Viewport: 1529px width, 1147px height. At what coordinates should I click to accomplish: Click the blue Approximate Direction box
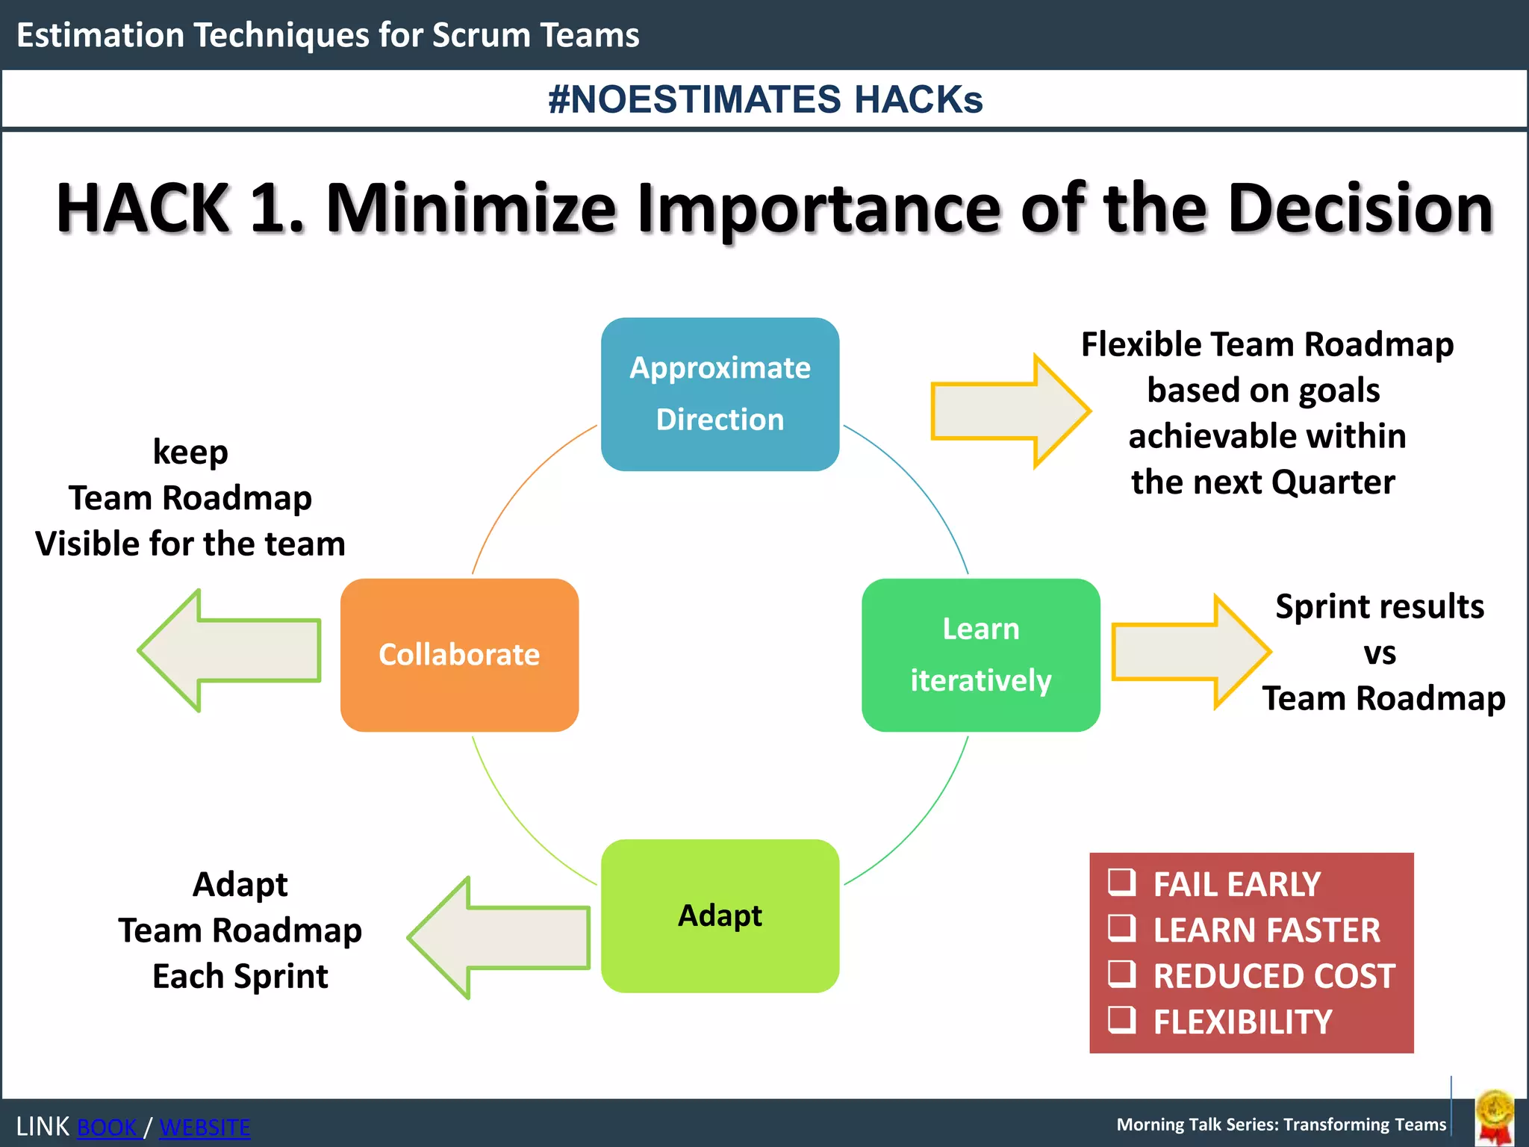click(720, 394)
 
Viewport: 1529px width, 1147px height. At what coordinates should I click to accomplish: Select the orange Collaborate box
click(459, 655)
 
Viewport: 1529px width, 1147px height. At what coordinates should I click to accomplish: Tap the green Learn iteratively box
click(980, 655)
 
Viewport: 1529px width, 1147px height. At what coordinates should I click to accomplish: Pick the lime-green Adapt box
click(720, 916)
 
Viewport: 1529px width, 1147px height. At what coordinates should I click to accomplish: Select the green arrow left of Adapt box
click(499, 938)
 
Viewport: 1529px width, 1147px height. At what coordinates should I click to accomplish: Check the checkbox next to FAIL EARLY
click(1121, 882)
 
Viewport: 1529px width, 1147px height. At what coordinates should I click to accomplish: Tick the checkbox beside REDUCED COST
click(1121, 974)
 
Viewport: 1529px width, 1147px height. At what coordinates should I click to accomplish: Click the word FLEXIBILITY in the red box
click(1242, 1022)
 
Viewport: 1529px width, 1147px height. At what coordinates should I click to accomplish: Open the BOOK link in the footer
click(108, 1127)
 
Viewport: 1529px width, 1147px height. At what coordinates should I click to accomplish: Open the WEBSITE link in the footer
click(205, 1127)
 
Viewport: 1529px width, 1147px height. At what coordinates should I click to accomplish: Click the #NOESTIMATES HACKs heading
click(765, 99)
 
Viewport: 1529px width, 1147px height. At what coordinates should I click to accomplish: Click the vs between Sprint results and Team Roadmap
click(1380, 653)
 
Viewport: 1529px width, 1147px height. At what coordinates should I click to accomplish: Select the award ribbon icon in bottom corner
click(1495, 1117)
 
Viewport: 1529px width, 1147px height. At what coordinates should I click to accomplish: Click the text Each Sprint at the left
click(240, 977)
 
